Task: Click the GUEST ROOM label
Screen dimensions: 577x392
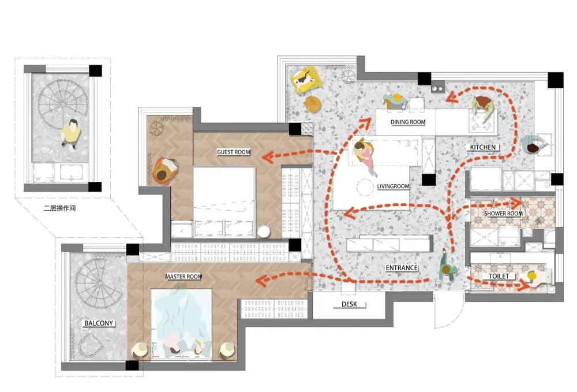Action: (233, 152)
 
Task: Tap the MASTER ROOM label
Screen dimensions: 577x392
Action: (183, 277)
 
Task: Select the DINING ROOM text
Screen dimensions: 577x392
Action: (408, 122)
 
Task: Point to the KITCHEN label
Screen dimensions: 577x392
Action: (483, 147)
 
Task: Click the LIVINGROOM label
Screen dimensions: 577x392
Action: (393, 186)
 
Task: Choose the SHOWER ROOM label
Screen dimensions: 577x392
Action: (503, 214)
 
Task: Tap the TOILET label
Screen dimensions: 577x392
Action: (499, 276)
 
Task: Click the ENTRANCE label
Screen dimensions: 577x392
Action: (402, 268)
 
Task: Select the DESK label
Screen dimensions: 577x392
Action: (349, 304)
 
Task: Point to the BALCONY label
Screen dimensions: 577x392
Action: (99, 323)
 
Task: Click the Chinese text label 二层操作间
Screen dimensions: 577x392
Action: (59, 208)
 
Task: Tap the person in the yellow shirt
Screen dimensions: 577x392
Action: (71, 133)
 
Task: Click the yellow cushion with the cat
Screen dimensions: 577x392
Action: (305, 80)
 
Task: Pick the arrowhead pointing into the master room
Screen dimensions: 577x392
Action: (261, 281)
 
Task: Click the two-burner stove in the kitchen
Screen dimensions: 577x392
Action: (437, 88)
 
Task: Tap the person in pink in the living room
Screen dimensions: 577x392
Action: (365, 156)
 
